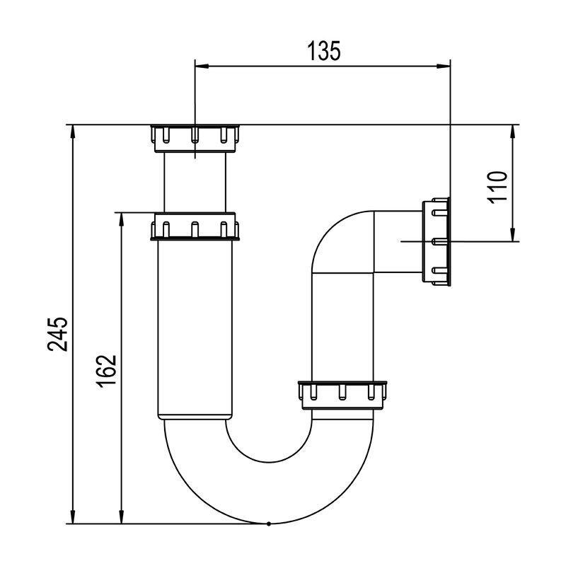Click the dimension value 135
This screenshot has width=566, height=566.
324,50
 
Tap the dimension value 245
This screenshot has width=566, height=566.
57,334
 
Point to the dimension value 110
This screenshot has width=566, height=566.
497,187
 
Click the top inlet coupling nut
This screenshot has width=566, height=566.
195,139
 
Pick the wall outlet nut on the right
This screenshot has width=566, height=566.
436,241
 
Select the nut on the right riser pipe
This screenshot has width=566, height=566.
342,395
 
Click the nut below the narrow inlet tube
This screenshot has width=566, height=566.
195,226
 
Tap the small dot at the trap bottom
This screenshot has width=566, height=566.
269,524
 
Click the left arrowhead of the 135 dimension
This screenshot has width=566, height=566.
202,66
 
